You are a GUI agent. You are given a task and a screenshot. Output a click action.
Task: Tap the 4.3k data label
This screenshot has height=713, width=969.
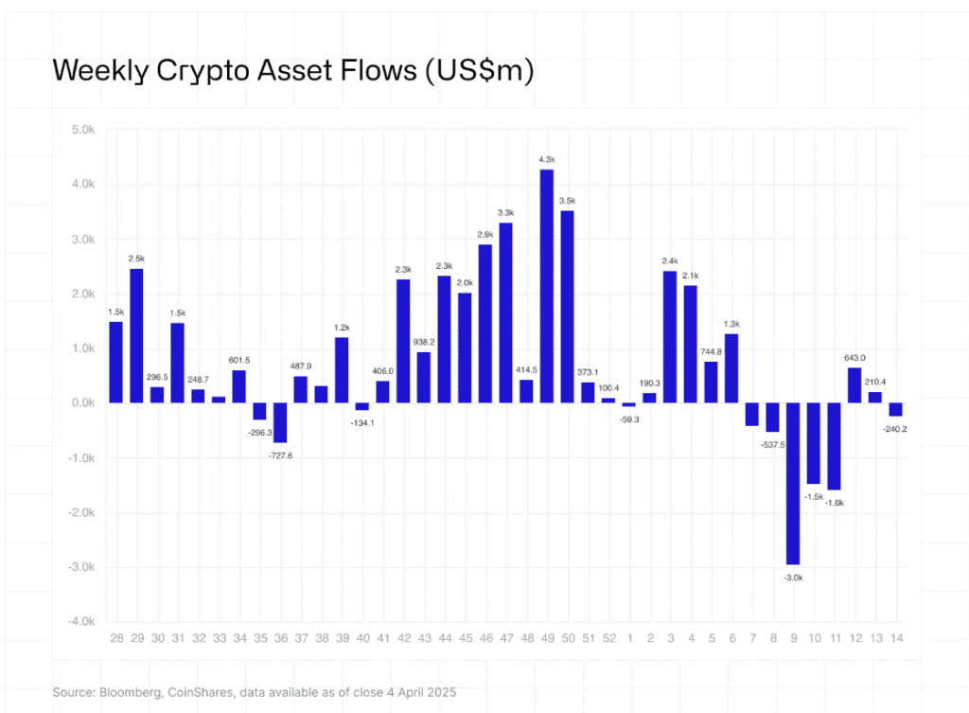pos(547,160)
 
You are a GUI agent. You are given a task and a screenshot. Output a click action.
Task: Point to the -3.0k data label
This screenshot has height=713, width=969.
pos(793,577)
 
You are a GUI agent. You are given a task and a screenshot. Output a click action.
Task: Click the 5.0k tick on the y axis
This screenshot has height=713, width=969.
pos(81,130)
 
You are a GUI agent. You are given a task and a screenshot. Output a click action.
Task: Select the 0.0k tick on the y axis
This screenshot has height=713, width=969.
pos(81,403)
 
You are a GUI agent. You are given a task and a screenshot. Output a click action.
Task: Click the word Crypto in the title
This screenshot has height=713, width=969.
pos(194,72)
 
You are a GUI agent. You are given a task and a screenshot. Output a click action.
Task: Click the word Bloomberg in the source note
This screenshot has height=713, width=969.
pos(132,693)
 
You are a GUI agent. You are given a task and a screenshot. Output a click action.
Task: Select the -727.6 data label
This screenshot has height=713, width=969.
pos(280,455)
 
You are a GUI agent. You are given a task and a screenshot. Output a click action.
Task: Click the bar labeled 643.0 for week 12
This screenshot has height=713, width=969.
pos(854,384)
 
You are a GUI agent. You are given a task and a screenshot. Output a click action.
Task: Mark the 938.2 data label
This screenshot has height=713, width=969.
pos(424,342)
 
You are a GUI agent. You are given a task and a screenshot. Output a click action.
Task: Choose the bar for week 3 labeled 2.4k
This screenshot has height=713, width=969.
pos(670,337)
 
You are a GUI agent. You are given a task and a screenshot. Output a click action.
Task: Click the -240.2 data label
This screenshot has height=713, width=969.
pos(895,428)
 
